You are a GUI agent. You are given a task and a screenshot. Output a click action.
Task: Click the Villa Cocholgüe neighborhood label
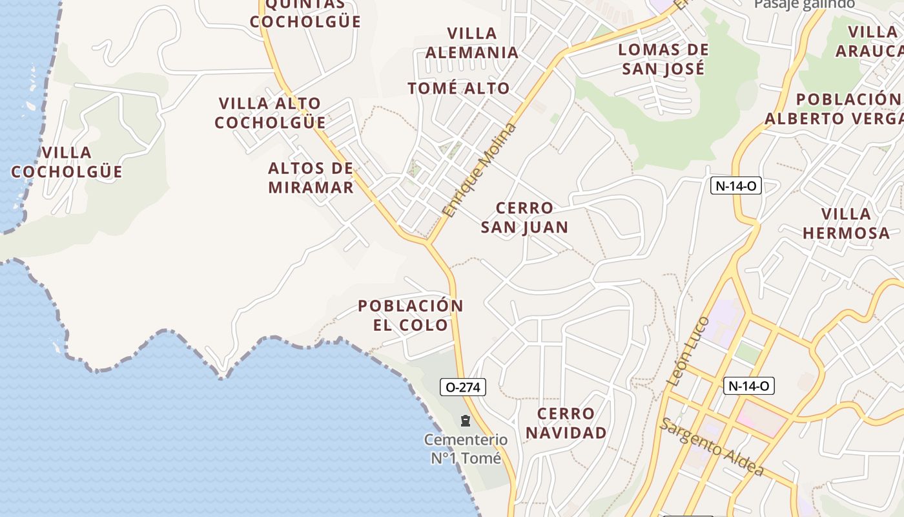[67, 162]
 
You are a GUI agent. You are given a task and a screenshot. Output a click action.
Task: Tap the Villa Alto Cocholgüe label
[270, 113]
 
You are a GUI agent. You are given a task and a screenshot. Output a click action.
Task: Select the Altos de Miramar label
[311, 178]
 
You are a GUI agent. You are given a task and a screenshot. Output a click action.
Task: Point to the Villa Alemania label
[472, 43]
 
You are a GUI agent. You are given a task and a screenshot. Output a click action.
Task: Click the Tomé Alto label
[458, 89]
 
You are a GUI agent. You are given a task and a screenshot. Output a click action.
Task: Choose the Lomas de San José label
[663, 59]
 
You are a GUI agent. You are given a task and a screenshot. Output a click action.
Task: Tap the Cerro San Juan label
[524, 217]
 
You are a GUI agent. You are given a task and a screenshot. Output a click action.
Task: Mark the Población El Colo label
[411, 315]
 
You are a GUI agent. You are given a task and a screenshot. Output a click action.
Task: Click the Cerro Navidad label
[566, 423]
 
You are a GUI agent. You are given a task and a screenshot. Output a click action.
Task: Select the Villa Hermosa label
[846, 223]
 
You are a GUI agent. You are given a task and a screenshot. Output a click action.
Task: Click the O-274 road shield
[462, 387]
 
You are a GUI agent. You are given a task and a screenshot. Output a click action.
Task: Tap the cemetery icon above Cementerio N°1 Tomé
[465, 421]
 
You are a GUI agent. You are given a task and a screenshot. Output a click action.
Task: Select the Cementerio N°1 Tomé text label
[466, 449]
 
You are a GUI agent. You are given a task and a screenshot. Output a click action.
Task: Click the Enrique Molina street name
[480, 170]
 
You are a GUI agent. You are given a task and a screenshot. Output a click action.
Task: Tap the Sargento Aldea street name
[712, 447]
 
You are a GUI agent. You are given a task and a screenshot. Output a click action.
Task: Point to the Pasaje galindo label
[805, 4]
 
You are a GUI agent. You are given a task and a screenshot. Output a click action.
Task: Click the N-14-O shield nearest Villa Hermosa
[736, 186]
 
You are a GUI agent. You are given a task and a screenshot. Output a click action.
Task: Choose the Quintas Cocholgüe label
[305, 13]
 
